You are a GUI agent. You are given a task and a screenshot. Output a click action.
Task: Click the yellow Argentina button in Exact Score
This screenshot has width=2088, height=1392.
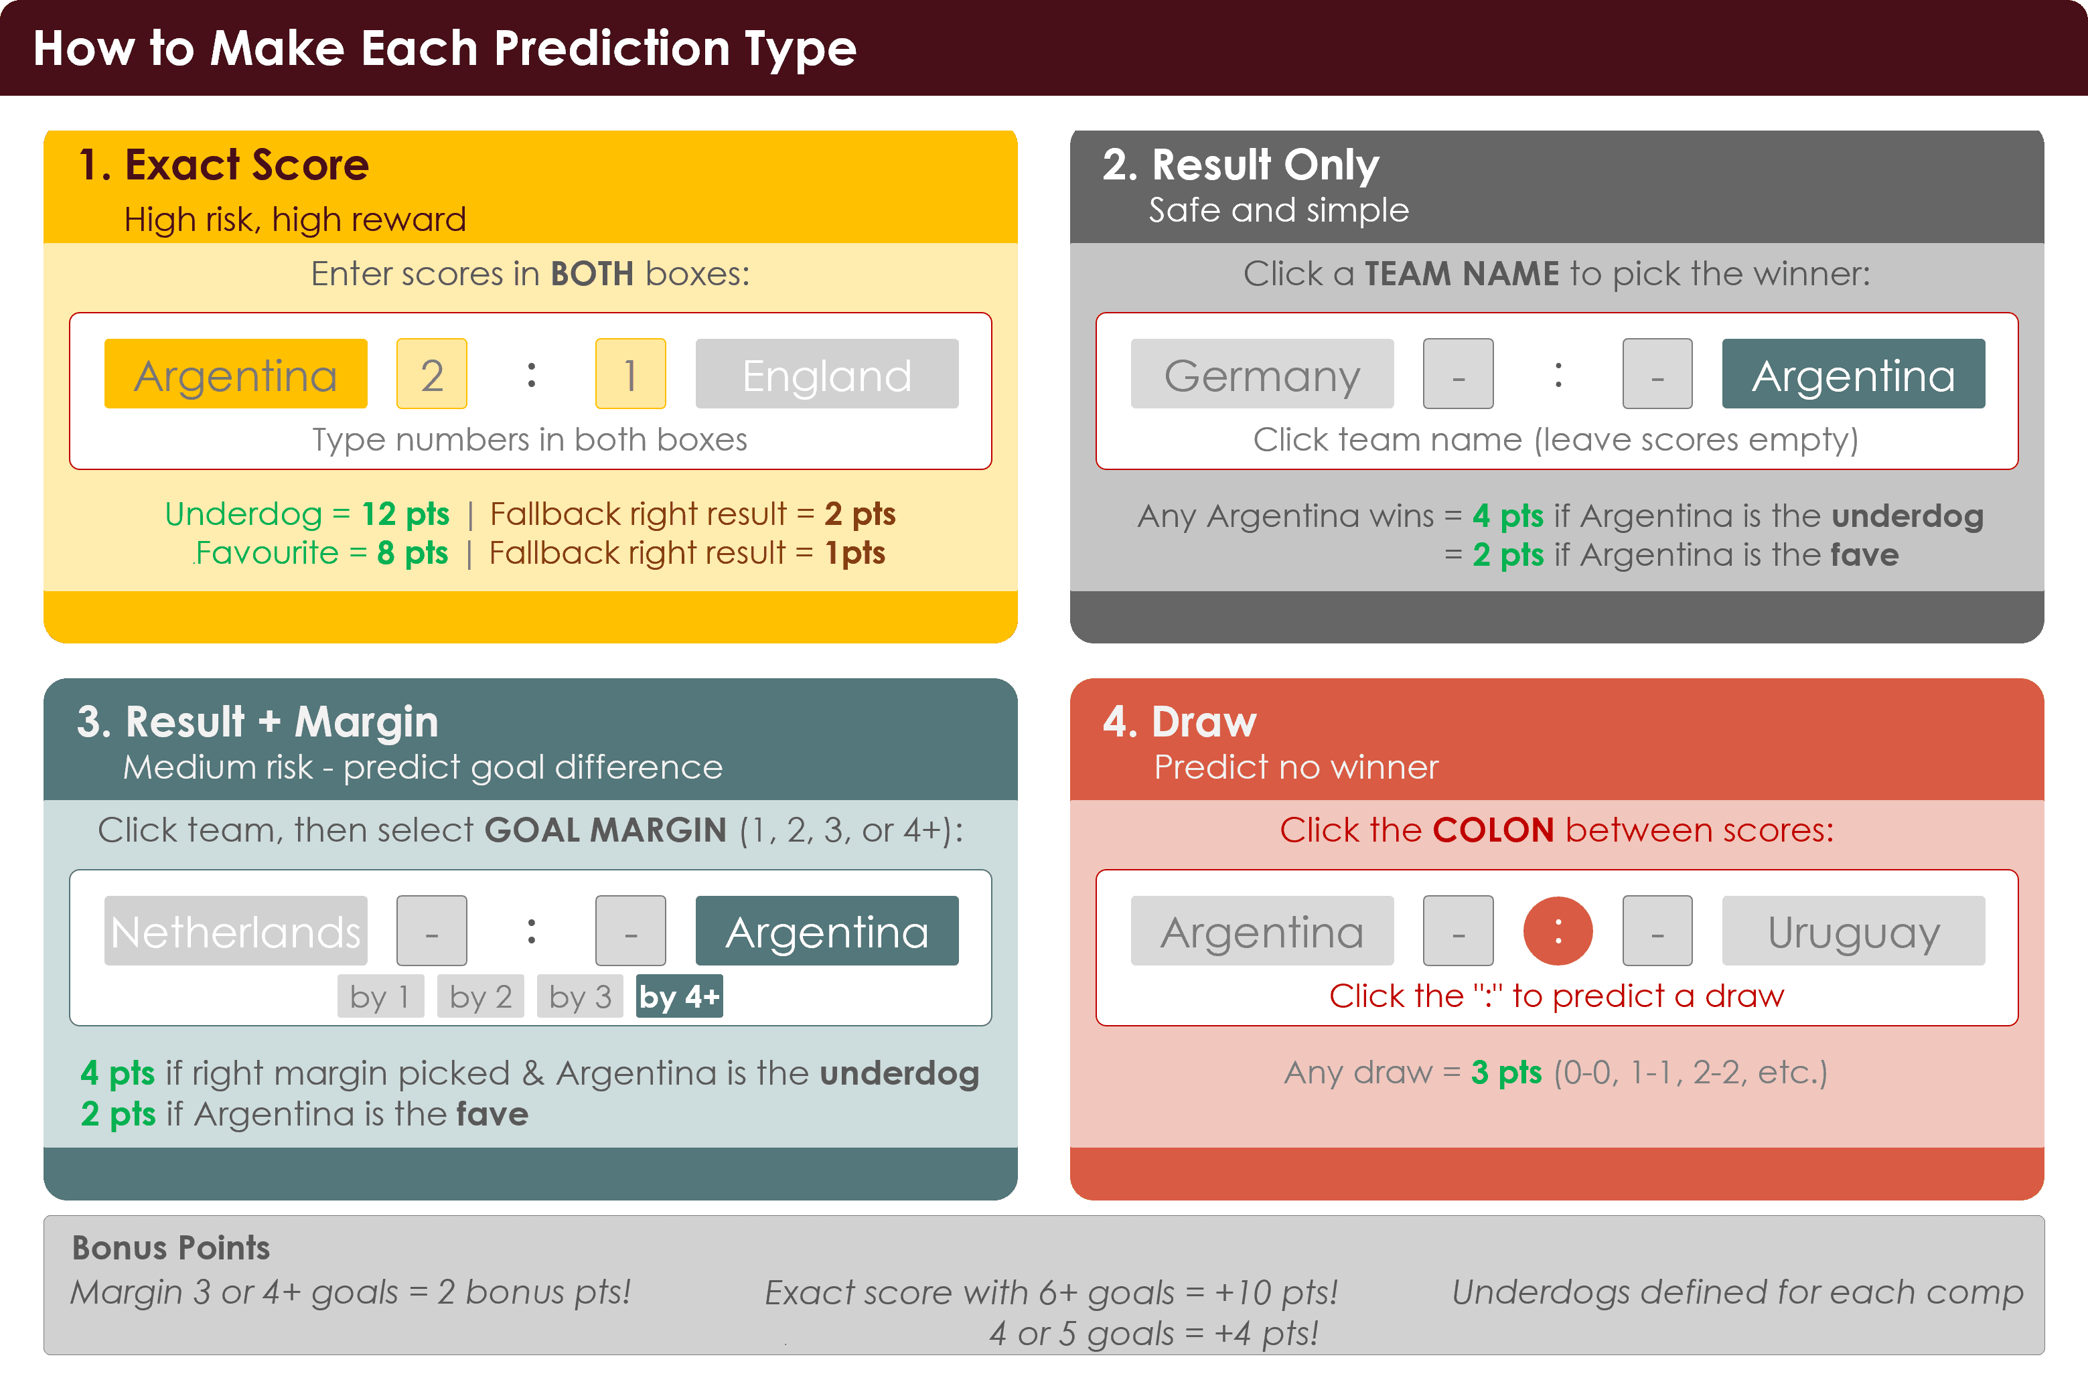point(235,374)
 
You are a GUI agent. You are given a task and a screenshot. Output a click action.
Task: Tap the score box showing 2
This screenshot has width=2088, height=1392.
point(431,374)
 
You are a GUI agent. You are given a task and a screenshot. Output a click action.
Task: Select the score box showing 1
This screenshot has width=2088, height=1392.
point(630,374)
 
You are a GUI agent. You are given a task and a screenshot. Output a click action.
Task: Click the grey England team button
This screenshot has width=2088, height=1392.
point(826,374)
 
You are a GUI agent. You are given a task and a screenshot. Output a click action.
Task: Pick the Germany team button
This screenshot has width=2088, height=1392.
point(1262,374)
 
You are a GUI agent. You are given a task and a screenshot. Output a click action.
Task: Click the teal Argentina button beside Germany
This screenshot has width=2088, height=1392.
point(1853,374)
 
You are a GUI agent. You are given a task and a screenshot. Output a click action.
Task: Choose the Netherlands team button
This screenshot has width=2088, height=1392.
point(235,931)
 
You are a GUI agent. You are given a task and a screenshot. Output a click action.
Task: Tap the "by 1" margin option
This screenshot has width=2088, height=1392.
point(380,996)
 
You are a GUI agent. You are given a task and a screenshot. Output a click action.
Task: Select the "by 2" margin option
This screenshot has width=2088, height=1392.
point(480,996)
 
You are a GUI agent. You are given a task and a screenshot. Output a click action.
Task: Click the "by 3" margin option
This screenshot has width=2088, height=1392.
point(580,996)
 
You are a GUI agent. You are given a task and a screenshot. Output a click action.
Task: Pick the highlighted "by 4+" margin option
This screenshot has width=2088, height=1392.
point(679,996)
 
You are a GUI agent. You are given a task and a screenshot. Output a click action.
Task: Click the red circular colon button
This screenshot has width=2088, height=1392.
point(1557,931)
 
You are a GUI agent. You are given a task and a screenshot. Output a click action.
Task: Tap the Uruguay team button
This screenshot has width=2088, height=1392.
point(1853,931)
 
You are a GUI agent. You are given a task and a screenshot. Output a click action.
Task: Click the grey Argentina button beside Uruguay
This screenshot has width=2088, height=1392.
point(1262,931)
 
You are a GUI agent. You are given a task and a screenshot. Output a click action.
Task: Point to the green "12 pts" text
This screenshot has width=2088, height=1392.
point(405,514)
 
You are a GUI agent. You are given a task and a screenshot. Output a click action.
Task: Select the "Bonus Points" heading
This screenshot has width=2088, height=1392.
point(171,1247)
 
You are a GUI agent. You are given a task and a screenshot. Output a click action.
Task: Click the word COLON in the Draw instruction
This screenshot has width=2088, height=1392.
point(1493,830)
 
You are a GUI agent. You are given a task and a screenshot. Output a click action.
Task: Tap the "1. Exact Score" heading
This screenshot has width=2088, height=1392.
point(224,165)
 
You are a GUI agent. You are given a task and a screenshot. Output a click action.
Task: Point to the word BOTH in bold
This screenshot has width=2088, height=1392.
point(592,275)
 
